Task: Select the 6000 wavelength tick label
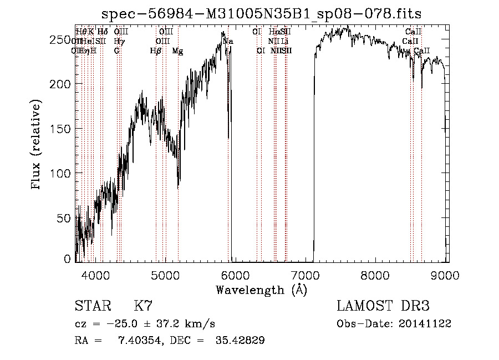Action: click(235, 275)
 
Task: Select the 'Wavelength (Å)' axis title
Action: click(261, 290)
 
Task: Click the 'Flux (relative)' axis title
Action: click(37, 145)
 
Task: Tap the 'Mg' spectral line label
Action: click(177, 50)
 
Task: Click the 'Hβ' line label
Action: click(156, 50)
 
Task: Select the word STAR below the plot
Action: click(92, 306)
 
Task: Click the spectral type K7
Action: click(143, 306)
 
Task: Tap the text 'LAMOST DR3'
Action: click(383, 306)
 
